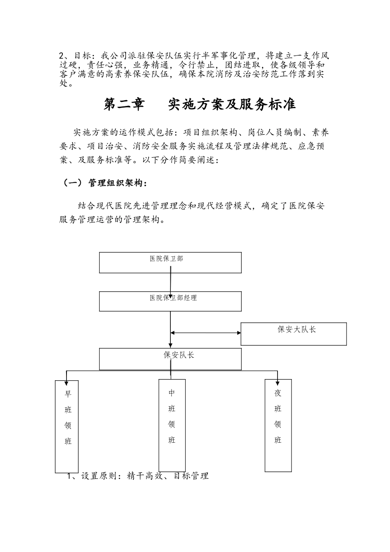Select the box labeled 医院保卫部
(170, 262)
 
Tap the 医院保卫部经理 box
(170, 301)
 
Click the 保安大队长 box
(294, 333)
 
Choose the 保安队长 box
(170, 359)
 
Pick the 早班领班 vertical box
(67, 426)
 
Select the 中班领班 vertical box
(172, 425)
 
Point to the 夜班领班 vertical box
(278, 425)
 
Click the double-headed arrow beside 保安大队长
(206, 333)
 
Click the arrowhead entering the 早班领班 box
(67, 377)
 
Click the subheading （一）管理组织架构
(104, 183)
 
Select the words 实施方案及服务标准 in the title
(232, 105)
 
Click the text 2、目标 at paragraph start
(75, 55)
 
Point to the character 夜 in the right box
(278, 393)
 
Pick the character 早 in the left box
(68, 394)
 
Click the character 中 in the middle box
(172, 393)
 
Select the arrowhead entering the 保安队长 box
(170, 345)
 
